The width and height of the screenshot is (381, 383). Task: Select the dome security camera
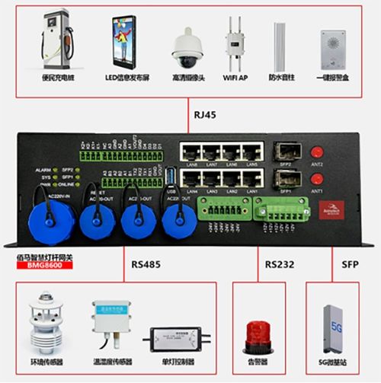[x=185, y=47]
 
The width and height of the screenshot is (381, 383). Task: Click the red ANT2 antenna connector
[x=316, y=152]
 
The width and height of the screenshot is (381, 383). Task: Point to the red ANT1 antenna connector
[x=316, y=178]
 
